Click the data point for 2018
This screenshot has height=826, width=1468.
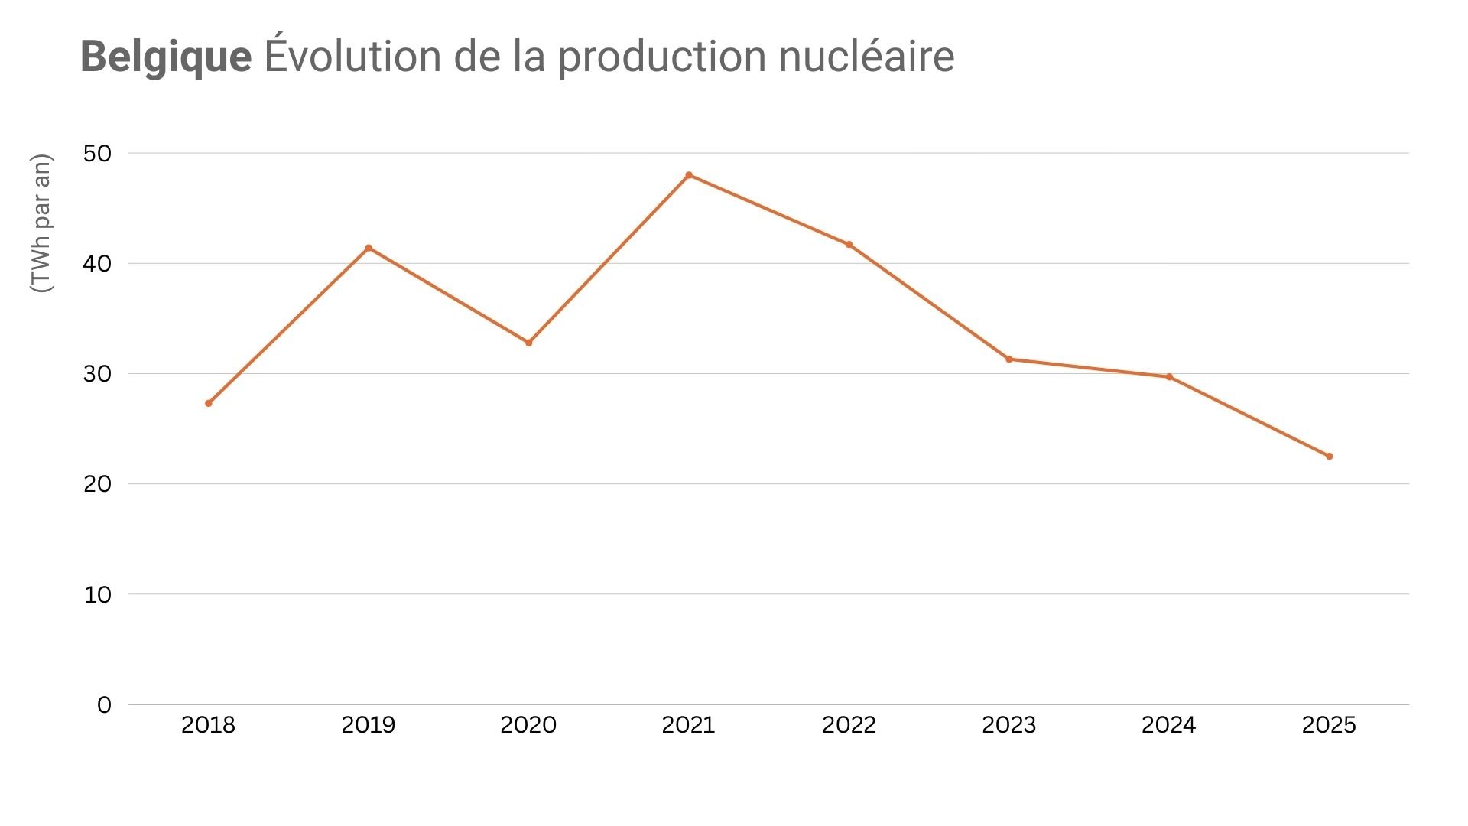pyautogui.click(x=209, y=403)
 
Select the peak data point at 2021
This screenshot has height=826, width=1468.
pyautogui.click(x=689, y=175)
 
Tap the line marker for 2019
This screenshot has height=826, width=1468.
pyautogui.click(x=369, y=248)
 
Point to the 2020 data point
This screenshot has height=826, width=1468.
pyautogui.click(x=528, y=343)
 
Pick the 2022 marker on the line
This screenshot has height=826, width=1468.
pyautogui.click(x=849, y=245)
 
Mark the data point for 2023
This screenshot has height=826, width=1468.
pyautogui.click(x=1009, y=359)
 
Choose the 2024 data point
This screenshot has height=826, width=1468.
pyautogui.click(x=1169, y=377)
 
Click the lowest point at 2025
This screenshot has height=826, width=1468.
pyautogui.click(x=1329, y=457)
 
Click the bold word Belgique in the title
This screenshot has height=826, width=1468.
pyautogui.click(x=166, y=57)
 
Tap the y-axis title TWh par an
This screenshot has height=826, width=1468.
pyautogui.click(x=41, y=223)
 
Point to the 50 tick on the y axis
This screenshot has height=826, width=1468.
pyautogui.click(x=97, y=154)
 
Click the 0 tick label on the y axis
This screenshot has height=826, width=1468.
pyautogui.click(x=104, y=705)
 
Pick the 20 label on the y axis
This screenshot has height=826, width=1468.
pyautogui.click(x=97, y=484)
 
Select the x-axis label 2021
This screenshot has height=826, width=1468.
pyautogui.click(x=688, y=725)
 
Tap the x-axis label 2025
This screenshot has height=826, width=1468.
pyautogui.click(x=1329, y=725)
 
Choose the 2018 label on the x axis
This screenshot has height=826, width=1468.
pyautogui.click(x=208, y=725)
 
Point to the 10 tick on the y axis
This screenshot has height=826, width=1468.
pyautogui.click(x=97, y=595)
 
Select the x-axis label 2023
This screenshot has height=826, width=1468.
pyautogui.click(x=1008, y=725)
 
